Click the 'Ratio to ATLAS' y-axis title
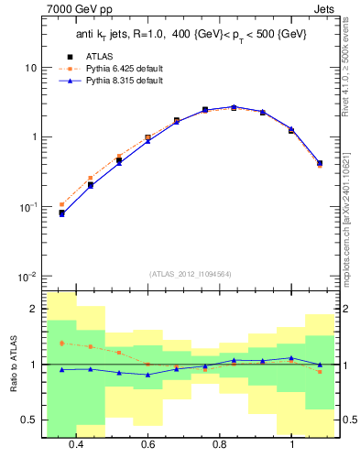coord(12,365)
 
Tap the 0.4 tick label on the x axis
coord(76,444)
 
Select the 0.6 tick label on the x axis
coord(147,444)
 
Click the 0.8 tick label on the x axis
coord(220,444)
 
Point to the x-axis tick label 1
coord(291,444)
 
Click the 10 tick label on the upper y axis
coord(30,68)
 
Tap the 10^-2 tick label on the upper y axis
coord(28,276)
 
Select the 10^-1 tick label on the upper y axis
coord(28,207)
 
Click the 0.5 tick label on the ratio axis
coord(28,420)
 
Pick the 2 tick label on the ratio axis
coord(34,309)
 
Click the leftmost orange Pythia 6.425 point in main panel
coord(61,204)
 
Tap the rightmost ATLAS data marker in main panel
coord(320,163)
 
